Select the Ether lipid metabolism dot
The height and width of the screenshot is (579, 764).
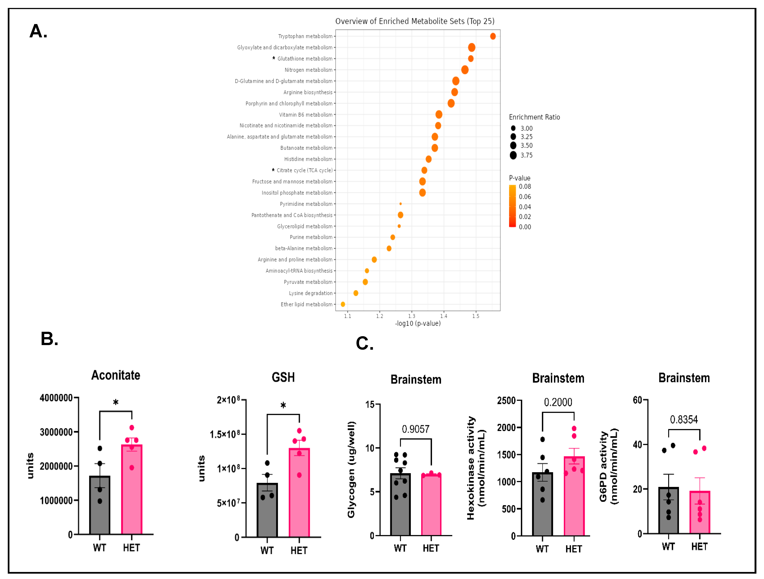[x=343, y=304]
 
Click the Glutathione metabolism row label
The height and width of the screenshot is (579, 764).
[x=305, y=59]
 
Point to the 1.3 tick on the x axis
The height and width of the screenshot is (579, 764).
[x=412, y=316]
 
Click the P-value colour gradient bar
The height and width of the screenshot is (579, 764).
[x=512, y=206]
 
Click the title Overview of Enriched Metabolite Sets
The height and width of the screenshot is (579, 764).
[x=415, y=21]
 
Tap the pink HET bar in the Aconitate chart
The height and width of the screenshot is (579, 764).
[x=132, y=490]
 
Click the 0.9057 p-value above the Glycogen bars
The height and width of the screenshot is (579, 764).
[x=415, y=429]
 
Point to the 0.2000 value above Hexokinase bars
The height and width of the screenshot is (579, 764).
[x=558, y=402]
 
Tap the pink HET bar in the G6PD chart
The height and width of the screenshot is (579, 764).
[x=699, y=513]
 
